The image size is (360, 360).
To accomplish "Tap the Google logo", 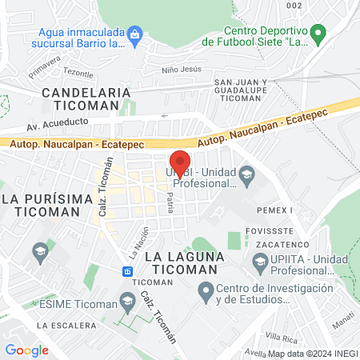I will pos(26,350).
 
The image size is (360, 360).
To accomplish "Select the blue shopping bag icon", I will pos(135,34).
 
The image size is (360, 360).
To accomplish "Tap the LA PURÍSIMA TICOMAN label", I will pos(42,205).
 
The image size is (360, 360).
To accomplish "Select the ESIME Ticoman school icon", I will pos(126,302).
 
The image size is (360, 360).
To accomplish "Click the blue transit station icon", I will pos(128,271).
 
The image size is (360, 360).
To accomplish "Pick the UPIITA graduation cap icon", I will pos(259,262).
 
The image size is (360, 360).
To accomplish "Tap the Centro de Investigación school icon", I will pos(206,294).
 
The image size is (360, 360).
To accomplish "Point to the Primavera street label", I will pos(45,62).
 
